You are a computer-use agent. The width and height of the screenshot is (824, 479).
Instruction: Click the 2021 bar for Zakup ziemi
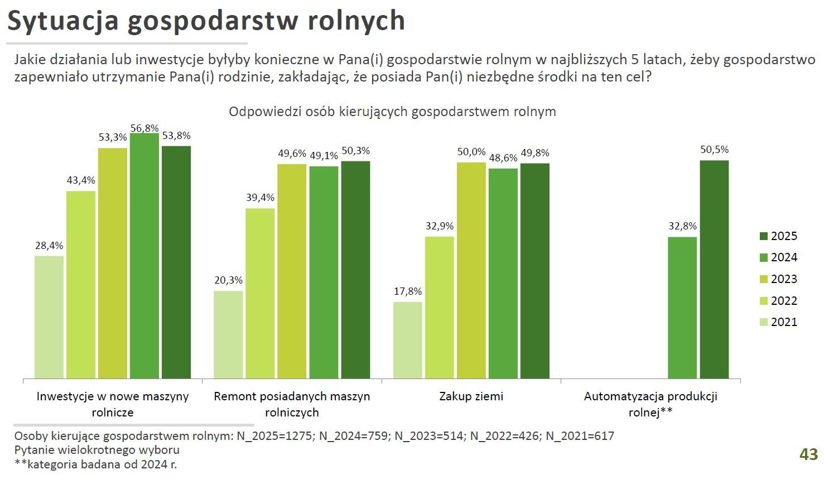[407, 340]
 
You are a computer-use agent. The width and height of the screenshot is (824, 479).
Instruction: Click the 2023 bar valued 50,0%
[471, 270]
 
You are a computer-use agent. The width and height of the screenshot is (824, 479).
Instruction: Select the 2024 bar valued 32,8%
[682, 308]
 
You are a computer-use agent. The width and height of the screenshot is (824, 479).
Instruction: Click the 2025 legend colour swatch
[764, 236]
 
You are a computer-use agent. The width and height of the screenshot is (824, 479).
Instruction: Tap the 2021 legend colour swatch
[764, 322]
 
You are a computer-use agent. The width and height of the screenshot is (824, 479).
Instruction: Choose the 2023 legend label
[784, 279]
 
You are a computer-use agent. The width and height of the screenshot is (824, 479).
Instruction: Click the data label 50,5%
[715, 150]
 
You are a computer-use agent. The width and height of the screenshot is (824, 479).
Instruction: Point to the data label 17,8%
[408, 291]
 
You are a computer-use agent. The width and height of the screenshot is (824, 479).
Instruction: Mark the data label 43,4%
[81, 180]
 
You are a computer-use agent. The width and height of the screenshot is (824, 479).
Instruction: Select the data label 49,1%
[324, 156]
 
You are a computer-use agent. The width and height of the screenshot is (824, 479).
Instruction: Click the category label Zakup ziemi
[471, 396]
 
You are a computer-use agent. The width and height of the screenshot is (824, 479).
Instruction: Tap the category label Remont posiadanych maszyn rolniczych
[292, 404]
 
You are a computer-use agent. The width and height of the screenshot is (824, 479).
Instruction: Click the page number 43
[808, 454]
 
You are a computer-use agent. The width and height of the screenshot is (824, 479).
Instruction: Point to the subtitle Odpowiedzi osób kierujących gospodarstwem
[392, 112]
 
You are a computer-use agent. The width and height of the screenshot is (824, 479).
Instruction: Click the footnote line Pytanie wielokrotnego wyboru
[97, 450]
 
